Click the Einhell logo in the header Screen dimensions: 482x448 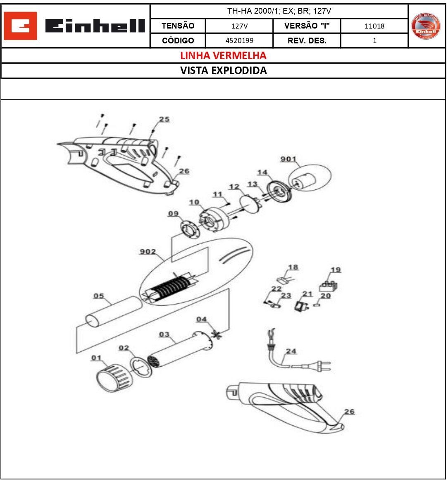[x=75, y=26]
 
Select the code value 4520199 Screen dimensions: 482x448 [x=239, y=41]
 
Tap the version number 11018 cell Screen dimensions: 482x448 [x=374, y=26]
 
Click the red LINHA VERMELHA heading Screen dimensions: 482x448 [x=223, y=55]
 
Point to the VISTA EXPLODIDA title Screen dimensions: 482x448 [x=223, y=70]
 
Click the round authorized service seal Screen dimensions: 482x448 [x=426, y=26]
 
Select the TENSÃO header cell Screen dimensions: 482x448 [x=178, y=26]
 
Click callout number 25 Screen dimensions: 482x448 [x=164, y=119]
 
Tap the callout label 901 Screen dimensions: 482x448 [x=288, y=159]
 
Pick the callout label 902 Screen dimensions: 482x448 [x=148, y=251]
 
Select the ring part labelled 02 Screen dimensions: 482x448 [x=141, y=367]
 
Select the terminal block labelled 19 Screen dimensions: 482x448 [x=328, y=286]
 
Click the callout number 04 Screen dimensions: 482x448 [x=201, y=319]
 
